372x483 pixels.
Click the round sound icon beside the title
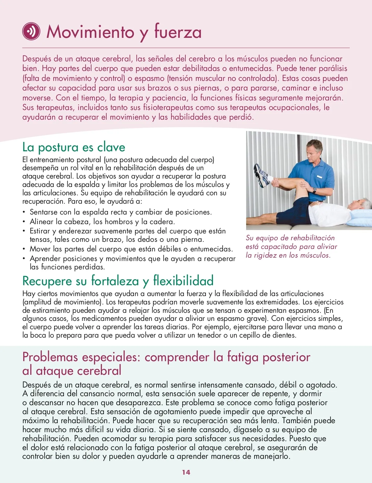click(x=31, y=31)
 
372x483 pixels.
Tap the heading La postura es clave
click(x=74, y=147)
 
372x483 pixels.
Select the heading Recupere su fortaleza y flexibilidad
click(x=118, y=281)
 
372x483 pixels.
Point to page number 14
click(x=186, y=472)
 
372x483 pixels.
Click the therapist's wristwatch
click(x=314, y=190)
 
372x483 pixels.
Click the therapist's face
click(x=314, y=152)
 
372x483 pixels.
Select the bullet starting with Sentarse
click(x=121, y=212)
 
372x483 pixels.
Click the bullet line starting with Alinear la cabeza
click(x=102, y=222)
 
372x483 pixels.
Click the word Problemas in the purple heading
click(x=50, y=357)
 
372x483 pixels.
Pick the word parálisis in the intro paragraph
click(x=333, y=69)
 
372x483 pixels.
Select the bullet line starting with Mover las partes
click(x=131, y=249)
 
